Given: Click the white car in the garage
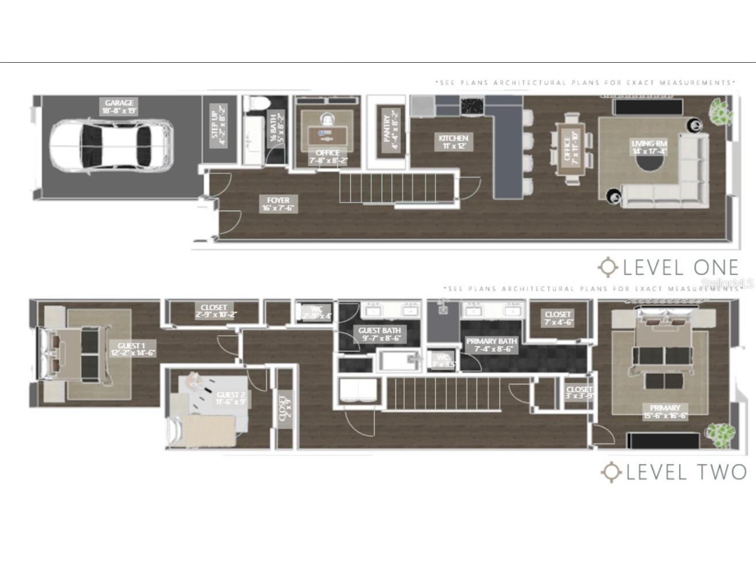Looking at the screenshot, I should pos(111,146).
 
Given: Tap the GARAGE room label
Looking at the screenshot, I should pos(119,106).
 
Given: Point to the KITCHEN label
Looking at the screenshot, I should pos(453,142).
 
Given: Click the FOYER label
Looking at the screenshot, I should pos(278,204).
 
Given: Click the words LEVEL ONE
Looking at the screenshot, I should pos(680,267).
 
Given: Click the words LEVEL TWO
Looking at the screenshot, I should pos(685,472).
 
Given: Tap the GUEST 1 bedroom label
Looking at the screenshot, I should pos(132,349).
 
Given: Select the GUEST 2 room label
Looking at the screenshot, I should pos(231,398).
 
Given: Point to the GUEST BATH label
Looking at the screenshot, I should pos(380,334).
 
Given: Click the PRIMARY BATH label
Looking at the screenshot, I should pos(491,345).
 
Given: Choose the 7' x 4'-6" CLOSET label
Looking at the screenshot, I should pos(558,318).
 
